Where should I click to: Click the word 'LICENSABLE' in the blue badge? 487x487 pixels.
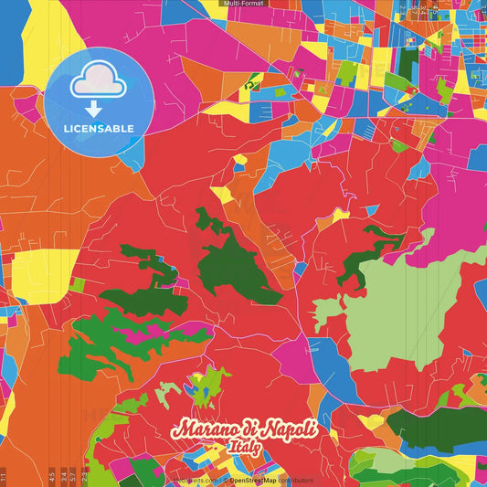(x=99, y=128)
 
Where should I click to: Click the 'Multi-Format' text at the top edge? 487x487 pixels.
(x=243, y=4)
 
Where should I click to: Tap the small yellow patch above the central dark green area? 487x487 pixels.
(x=222, y=195)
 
